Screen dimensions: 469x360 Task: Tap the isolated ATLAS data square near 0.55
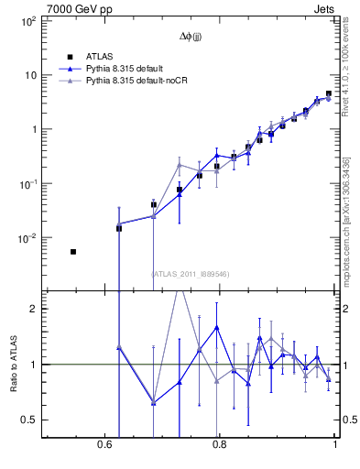click(x=73, y=251)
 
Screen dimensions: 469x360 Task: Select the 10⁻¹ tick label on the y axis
click(x=26, y=183)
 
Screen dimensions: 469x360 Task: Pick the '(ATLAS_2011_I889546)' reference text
click(x=190, y=274)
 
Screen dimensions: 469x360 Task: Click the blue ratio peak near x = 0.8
click(x=217, y=327)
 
